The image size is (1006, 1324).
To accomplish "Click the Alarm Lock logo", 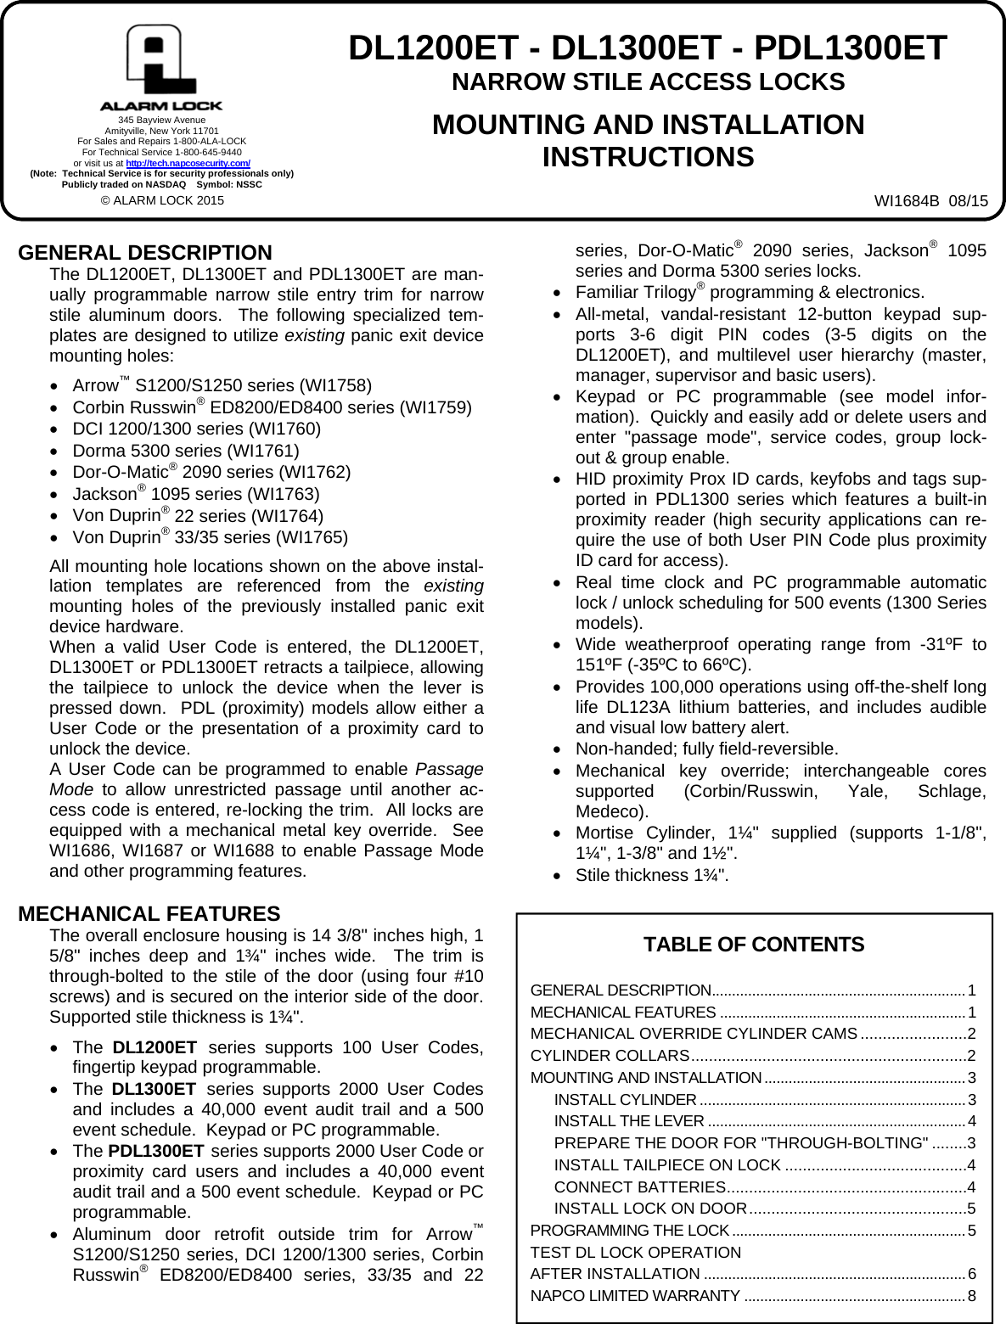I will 161,68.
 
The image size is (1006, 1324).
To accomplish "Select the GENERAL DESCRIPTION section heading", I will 145,253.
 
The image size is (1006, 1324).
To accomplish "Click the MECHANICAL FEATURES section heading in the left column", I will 149,914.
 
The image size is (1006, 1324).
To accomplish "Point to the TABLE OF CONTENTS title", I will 754,945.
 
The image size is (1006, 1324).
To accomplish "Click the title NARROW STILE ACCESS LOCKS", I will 648,82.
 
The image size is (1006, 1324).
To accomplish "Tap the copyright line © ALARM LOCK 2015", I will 162,201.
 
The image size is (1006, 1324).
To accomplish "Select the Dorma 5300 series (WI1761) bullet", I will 186,451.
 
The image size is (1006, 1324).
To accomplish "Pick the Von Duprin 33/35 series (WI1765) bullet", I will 210,538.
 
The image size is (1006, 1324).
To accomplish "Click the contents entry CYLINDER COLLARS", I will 610,1056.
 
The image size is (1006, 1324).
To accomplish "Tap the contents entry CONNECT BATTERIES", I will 639,1187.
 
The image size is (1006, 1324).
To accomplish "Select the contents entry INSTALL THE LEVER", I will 628,1121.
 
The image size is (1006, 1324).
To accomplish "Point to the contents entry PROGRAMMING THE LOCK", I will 629,1231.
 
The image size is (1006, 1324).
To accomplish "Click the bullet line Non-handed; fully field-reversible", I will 706,749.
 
